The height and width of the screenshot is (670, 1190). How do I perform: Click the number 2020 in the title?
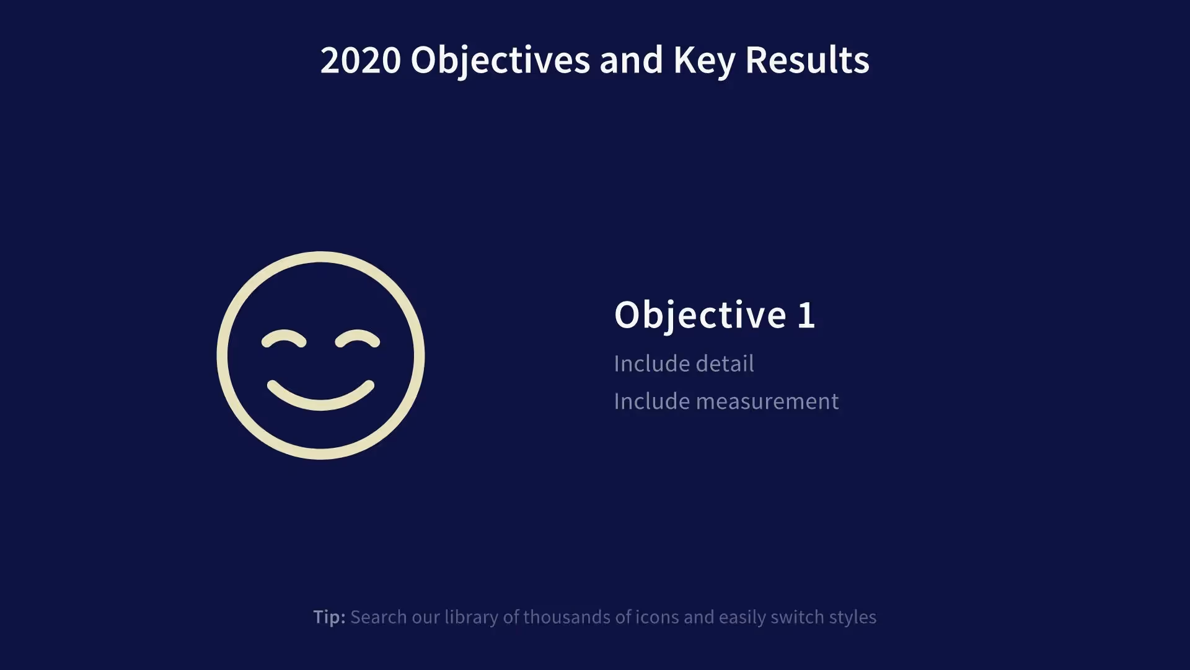click(x=360, y=60)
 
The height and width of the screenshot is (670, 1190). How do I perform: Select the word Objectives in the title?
click(x=500, y=61)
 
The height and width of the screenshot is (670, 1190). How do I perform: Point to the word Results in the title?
click(x=807, y=60)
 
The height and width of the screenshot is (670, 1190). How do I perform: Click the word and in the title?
click(x=631, y=60)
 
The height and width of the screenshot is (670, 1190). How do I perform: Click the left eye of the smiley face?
click(x=284, y=339)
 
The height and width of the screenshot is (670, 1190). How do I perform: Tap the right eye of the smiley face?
click(x=358, y=339)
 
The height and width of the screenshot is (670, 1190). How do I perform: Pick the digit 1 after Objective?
click(x=806, y=315)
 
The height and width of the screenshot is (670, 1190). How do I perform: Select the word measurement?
click(x=767, y=401)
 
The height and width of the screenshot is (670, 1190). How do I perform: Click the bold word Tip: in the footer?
click(x=329, y=617)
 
